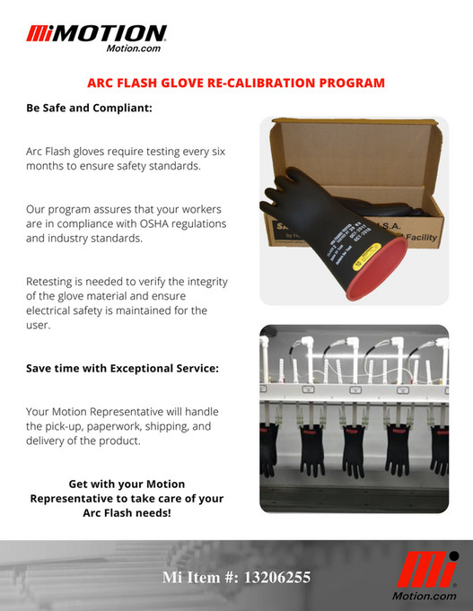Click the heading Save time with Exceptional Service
(123, 369)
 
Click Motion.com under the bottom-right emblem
(425, 596)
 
